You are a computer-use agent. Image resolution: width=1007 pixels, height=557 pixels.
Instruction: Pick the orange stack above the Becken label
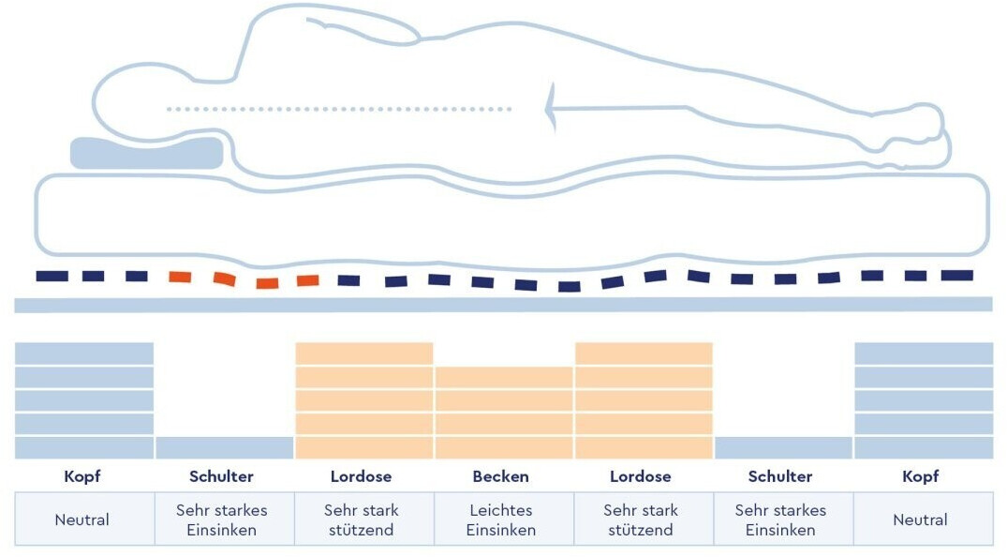coord(504,413)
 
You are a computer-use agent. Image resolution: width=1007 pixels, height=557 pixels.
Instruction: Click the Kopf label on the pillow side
coord(82,476)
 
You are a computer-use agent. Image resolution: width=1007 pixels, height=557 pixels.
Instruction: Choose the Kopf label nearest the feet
coord(920,476)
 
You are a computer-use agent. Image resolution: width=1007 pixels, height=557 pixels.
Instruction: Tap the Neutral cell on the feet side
coord(920,519)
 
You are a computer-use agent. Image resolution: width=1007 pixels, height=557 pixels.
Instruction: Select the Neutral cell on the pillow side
coord(82,519)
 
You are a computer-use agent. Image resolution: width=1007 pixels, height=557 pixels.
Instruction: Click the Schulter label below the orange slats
coord(222,476)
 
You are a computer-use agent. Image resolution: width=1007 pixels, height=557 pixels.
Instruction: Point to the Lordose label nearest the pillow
coord(362,476)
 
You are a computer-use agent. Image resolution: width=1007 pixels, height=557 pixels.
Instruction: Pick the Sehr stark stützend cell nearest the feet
coord(641,519)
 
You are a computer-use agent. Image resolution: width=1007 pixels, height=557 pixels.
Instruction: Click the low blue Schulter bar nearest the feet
coord(783,447)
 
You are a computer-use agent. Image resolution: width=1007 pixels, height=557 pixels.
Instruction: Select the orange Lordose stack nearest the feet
coord(644,401)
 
